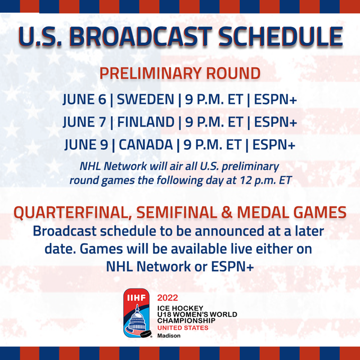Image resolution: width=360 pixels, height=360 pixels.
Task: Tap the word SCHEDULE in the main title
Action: point(281,37)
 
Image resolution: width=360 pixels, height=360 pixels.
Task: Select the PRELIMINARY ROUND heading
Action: point(180,74)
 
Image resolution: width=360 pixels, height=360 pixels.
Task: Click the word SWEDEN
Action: point(146,100)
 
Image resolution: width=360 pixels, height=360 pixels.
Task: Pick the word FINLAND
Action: point(146,122)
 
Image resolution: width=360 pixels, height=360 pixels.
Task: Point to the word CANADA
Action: point(146,145)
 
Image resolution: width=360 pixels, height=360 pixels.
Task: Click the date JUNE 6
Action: point(85,100)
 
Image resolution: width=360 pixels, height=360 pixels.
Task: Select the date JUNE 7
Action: point(85,122)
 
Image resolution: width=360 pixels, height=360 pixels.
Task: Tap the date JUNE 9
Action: point(86,145)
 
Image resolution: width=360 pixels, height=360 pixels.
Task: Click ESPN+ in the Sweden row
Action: point(275,100)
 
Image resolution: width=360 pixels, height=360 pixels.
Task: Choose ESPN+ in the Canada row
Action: point(274,145)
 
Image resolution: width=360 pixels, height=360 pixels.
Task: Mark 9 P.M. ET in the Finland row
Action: point(214,122)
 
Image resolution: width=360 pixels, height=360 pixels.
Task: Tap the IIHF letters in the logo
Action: point(137,298)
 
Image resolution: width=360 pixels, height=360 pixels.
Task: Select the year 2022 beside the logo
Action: point(168,298)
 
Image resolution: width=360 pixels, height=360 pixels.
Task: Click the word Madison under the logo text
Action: point(169,336)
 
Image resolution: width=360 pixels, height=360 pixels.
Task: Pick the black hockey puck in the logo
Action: point(146,334)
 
